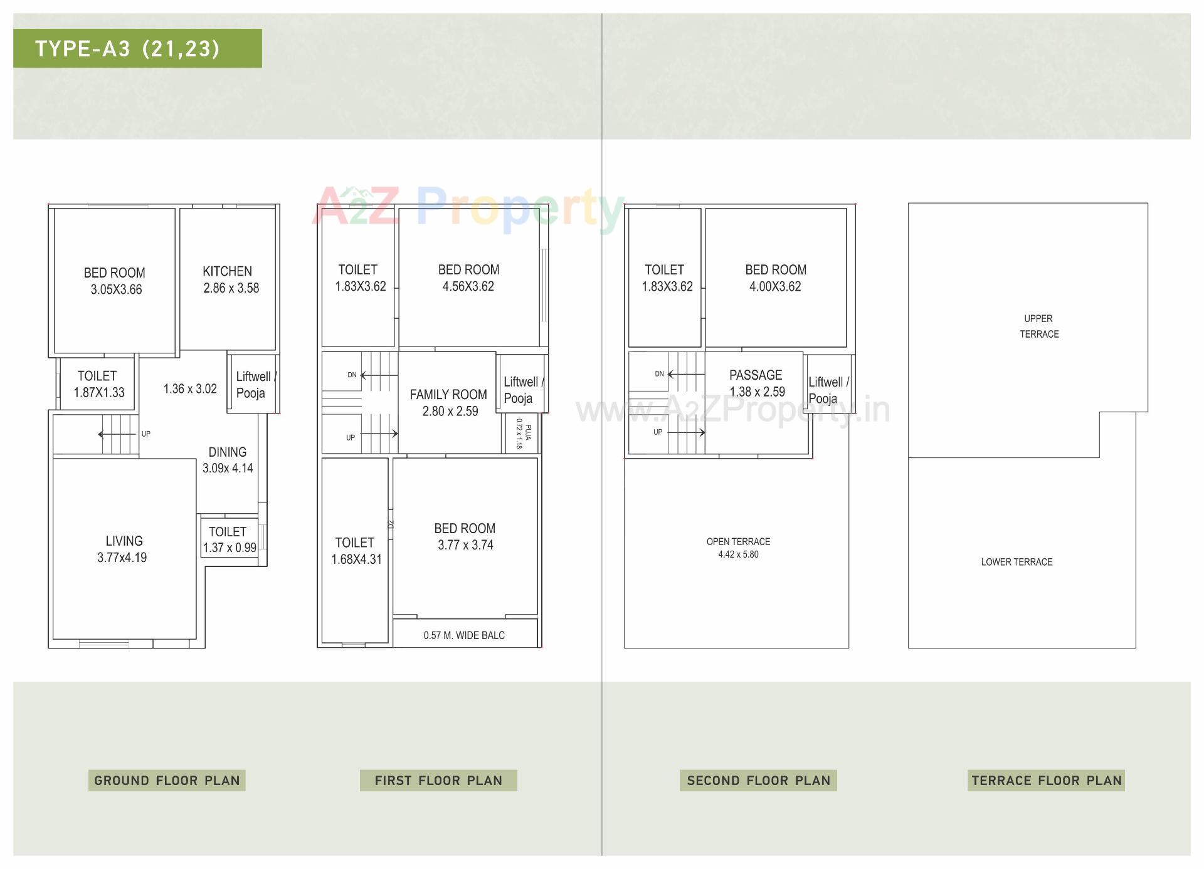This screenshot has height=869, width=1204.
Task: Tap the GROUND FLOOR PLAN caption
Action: [x=167, y=780]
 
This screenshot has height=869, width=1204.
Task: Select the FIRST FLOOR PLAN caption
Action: [x=438, y=780]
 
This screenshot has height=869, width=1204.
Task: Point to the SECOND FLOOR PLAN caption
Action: [x=758, y=780]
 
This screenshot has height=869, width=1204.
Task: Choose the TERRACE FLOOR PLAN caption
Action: [x=1046, y=780]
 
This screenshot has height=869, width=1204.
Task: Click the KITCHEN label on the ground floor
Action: [x=227, y=271]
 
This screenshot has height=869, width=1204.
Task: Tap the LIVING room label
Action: [x=124, y=541]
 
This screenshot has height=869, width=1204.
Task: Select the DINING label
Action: [x=227, y=452]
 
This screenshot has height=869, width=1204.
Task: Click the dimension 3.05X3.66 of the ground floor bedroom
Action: [x=116, y=289]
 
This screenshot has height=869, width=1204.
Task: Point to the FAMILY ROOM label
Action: [x=448, y=395]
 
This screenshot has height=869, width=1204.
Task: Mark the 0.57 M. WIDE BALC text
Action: [x=464, y=635]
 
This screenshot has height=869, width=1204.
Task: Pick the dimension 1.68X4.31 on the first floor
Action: [x=356, y=559]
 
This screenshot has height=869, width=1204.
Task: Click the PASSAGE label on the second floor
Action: [x=756, y=375]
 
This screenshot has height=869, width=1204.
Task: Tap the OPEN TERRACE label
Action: [x=738, y=541]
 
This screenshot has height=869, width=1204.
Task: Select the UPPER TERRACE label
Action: [x=1039, y=326]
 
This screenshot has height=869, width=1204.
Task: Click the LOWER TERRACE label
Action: [x=1017, y=562]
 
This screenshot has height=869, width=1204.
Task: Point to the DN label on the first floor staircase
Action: [x=352, y=375]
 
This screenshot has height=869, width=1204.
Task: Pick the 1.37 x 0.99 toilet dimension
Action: [x=230, y=548]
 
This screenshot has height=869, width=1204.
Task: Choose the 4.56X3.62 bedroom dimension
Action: [x=468, y=286]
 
